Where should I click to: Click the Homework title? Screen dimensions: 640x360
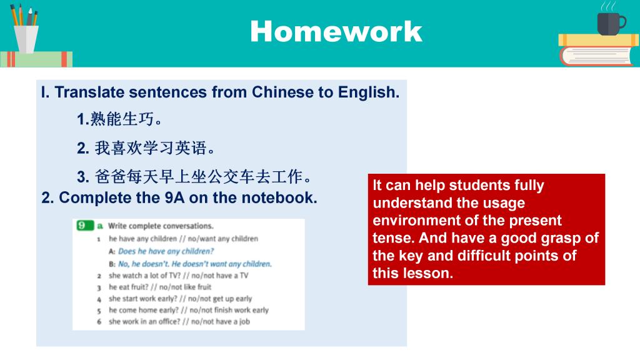pos(336,31)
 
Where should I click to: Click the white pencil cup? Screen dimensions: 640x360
pos(26,39)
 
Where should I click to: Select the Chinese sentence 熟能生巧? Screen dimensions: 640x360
pos(119,119)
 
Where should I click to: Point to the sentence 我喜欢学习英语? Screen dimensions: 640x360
pos(146,147)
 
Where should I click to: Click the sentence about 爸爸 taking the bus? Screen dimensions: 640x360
pos(194,177)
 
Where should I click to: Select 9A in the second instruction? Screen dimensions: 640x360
pos(175,197)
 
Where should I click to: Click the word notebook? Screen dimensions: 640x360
pos(279,197)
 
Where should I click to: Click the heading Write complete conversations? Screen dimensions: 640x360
pos(161,226)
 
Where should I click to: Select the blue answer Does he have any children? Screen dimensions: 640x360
pos(166,251)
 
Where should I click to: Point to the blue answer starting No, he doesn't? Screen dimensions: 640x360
pos(195,264)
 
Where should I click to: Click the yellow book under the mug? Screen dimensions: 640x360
pos(598,40)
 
